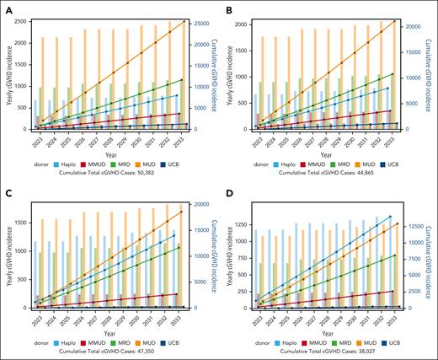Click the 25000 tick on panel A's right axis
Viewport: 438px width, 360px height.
204,22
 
